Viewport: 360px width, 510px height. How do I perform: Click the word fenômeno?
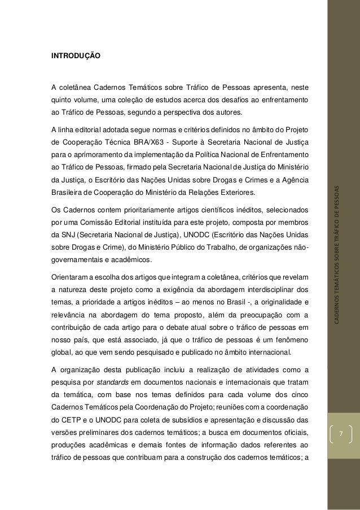[291, 341]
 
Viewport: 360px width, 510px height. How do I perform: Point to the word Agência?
[293, 180]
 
